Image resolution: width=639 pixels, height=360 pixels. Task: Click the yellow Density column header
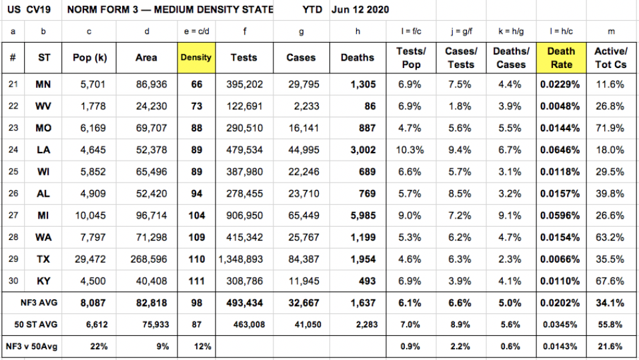coord(195,58)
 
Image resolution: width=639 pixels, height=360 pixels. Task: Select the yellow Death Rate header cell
coord(561,58)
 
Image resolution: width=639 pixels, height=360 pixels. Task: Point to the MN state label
coord(43,85)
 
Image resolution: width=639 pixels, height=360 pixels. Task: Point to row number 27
coord(13,215)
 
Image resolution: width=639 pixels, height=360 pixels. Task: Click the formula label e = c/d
coord(195,31)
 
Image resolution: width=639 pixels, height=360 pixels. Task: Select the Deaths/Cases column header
coord(511,58)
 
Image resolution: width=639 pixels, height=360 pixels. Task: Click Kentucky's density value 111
coord(196,281)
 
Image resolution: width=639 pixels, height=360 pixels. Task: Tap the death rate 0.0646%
coord(561,150)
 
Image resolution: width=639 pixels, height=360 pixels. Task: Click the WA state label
coord(43,237)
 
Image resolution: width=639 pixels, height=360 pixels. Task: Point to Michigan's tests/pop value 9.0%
coord(411,215)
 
